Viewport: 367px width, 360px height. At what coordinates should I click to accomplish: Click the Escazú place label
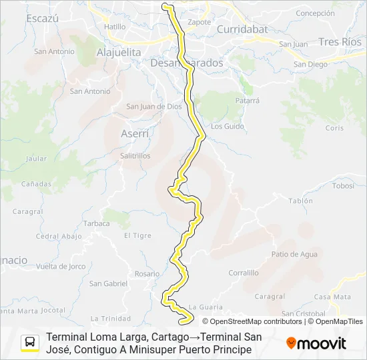43,19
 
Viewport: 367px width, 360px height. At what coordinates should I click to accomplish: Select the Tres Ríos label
340,41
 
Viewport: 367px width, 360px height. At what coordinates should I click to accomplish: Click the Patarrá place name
247,101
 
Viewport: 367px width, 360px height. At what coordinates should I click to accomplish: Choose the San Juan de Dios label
154,106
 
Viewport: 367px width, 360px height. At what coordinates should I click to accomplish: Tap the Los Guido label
228,126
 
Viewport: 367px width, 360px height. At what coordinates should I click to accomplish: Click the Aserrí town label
135,133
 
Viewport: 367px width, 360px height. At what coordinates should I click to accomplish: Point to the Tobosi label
343,186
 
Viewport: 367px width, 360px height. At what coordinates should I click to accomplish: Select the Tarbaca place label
97,223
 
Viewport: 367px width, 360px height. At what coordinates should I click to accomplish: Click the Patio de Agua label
294,254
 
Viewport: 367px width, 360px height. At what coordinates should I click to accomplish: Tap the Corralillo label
243,273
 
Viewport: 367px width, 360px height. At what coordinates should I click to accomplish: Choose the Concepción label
315,13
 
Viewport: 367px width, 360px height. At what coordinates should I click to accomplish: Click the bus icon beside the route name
31,343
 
